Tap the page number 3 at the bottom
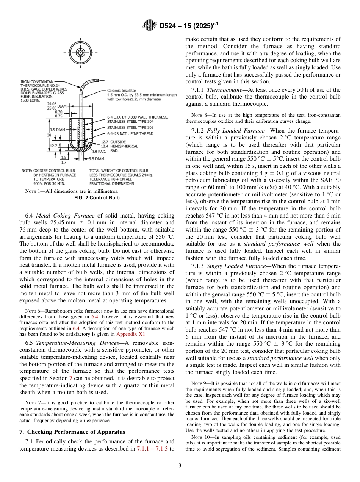pos(180,465)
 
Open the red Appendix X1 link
pos(131,334)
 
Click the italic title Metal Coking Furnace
pos(65,216)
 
